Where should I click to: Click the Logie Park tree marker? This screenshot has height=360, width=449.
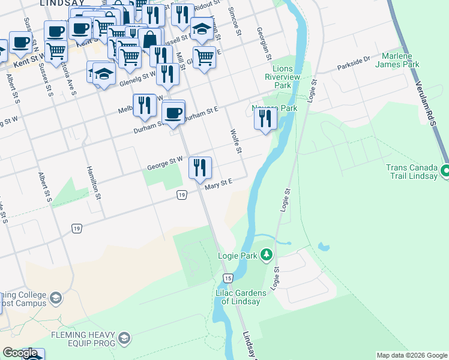pyautogui.click(x=266, y=256)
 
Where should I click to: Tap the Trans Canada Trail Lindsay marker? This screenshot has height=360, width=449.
pyautogui.click(x=445, y=172)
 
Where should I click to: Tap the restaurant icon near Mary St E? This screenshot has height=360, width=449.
pyautogui.click(x=200, y=167)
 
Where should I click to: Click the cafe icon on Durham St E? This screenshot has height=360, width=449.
pyautogui.click(x=173, y=113)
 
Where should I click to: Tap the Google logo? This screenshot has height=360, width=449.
pyautogui.click(x=20, y=353)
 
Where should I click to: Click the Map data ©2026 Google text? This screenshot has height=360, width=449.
pyautogui.click(x=411, y=355)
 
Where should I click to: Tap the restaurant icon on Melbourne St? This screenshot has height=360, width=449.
pyautogui.click(x=145, y=106)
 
